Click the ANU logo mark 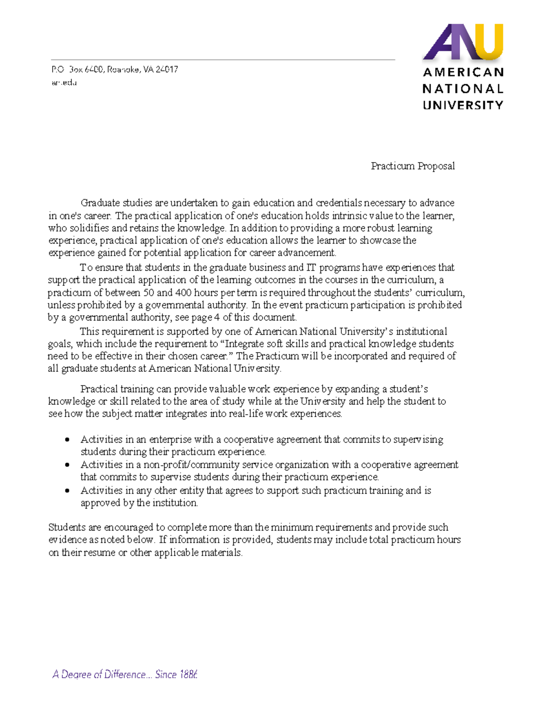463,42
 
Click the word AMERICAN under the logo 463,72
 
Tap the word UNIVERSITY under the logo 463,105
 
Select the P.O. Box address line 114,70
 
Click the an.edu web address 64,83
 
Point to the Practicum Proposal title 413,166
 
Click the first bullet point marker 67,440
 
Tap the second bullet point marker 67,465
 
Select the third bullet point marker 67,490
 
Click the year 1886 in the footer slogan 188,674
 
